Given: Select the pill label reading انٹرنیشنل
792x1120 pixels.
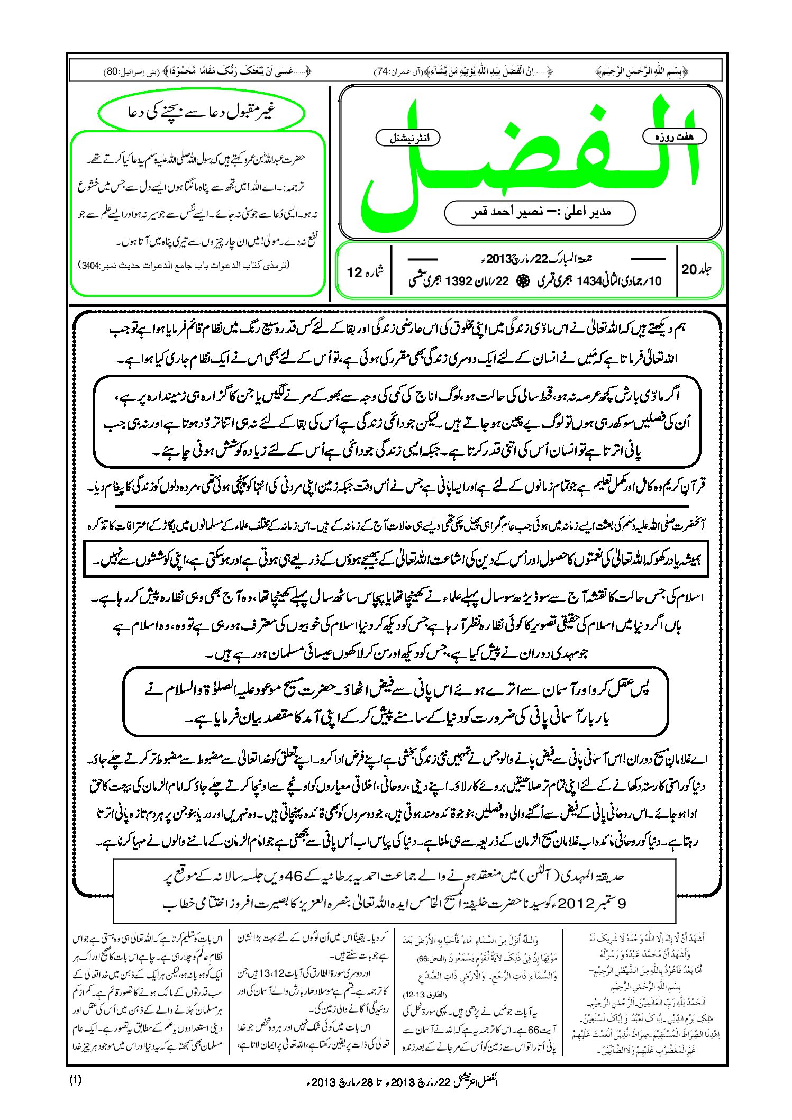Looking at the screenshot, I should [407, 139].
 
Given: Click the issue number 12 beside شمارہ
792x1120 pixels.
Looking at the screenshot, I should [354, 272].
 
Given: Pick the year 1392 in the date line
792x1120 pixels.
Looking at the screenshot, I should [459, 281].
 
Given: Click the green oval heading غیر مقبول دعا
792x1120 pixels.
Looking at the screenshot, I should [202, 112].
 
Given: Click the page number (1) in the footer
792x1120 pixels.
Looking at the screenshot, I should [75, 1080].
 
